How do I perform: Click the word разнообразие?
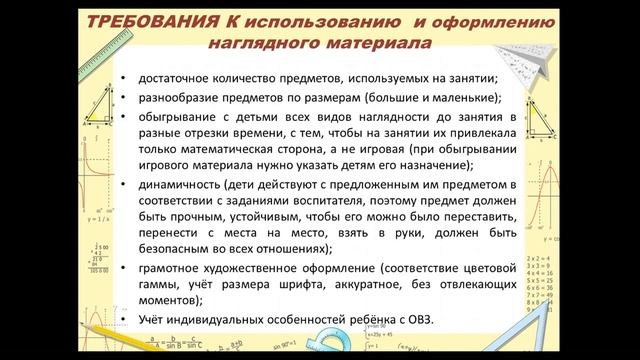(x=182, y=98)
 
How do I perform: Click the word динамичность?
(x=181, y=186)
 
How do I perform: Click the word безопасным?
(x=186, y=249)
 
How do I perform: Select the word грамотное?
(x=172, y=269)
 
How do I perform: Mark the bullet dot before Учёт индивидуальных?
(x=122, y=319)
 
